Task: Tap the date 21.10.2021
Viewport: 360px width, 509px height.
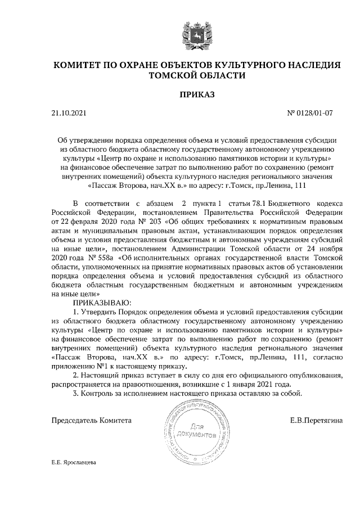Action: [x=69, y=113]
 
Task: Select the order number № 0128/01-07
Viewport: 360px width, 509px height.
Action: [x=310, y=113]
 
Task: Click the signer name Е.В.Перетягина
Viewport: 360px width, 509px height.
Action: [x=316, y=420]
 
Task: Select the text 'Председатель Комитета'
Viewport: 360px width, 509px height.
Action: [x=92, y=420]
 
